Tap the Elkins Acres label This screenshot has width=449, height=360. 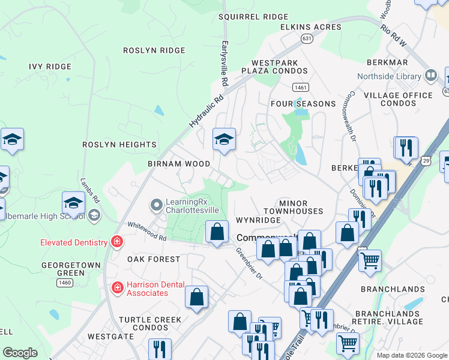311,27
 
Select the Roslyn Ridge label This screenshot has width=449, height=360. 154,50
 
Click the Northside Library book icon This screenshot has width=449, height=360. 430,76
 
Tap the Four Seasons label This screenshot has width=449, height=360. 303,104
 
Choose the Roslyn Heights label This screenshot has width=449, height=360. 119,145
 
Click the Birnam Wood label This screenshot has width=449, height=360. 179,164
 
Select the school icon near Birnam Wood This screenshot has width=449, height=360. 224,140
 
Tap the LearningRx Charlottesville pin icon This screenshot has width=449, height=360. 157,205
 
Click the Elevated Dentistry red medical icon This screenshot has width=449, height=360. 116,242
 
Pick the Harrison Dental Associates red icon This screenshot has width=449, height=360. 118,288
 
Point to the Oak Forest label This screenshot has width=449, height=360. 154,259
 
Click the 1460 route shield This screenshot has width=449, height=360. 65,282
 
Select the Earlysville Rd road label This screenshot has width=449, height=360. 225,63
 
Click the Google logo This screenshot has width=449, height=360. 20,353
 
